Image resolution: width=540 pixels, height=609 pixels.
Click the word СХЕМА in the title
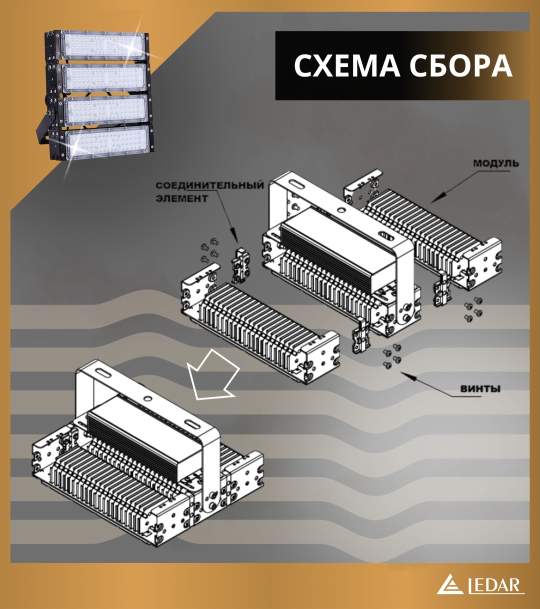pyautogui.click(x=347, y=66)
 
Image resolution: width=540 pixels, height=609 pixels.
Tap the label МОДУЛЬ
pyautogui.click(x=496, y=163)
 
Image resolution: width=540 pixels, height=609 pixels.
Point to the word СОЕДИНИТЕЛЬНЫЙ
pyautogui.click(x=210, y=185)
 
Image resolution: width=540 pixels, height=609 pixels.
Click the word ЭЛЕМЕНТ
pyautogui.click(x=181, y=198)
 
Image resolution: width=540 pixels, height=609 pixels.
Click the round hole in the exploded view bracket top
pyautogui.click(x=341, y=209)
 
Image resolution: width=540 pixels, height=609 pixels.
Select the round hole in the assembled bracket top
pyautogui.click(x=148, y=397)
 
